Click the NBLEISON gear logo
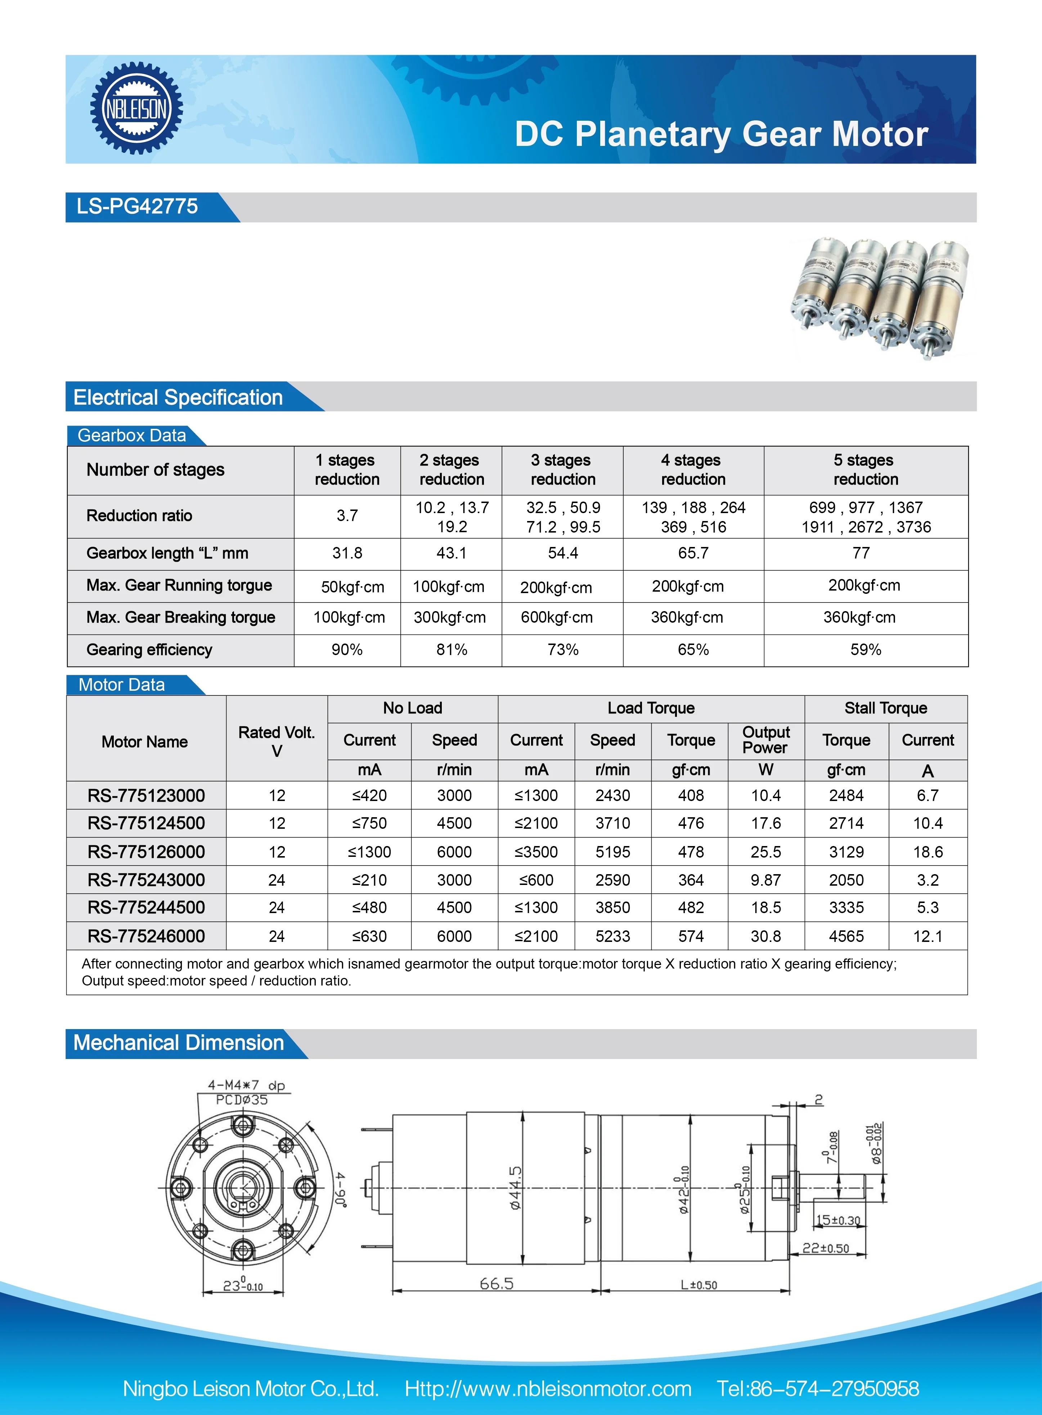[x=136, y=108]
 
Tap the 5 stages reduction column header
[x=865, y=470]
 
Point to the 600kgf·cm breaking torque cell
[x=556, y=618]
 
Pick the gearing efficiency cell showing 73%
[x=563, y=650]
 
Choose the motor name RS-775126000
[x=146, y=852]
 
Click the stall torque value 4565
[x=846, y=936]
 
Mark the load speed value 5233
[x=612, y=936]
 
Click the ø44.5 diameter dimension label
[x=516, y=1188]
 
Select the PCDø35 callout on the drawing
[x=242, y=1100]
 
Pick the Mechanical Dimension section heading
[x=179, y=1043]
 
